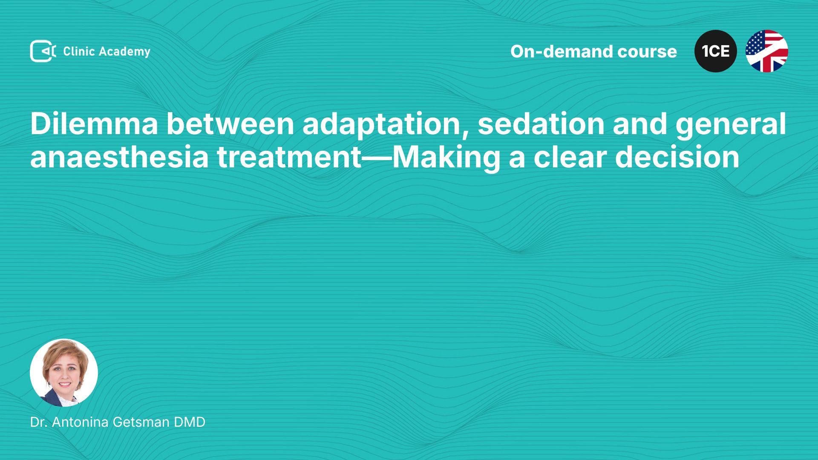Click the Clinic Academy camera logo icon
[43, 51]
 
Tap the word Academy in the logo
[124, 52]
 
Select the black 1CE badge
[716, 51]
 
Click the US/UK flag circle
[767, 51]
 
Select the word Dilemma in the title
[94, 124]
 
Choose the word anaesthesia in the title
[119, 157]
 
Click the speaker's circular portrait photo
[64, 373]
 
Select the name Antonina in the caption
[81, 422]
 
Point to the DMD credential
[190, 422]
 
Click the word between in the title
[230, 124]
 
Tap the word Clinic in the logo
[79, 51]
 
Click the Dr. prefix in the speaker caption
[39, 422]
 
